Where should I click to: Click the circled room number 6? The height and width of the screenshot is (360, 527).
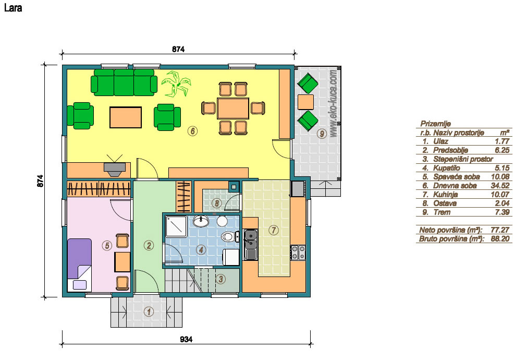click(192, 131)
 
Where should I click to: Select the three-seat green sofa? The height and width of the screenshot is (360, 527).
click(124, 82)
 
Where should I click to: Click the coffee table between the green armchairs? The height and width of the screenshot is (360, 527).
click(125, 117)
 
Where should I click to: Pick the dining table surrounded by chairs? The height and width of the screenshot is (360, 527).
click(233, 108)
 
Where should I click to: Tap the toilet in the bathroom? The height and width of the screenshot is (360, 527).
click(228, 236)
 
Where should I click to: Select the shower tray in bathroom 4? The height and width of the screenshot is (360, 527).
click(176, 226)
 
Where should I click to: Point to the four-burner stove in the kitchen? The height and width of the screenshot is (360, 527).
click(298, 253)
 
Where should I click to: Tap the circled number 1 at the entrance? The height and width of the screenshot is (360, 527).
click(149, 312)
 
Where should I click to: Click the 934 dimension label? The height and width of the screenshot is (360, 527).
click(186, 339)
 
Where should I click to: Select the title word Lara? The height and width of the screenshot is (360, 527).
click(13, 8)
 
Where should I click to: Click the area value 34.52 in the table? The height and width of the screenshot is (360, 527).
click(500, 185)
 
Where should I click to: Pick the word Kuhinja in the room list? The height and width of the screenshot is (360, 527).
click(445, 194)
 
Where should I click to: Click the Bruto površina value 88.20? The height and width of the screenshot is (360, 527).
click(500, 239)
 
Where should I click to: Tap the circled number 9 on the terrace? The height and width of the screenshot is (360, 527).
click(322, 134)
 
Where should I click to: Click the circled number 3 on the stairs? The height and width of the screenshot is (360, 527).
click(220, 279)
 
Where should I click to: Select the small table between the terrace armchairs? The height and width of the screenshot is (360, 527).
click(305, 102)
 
